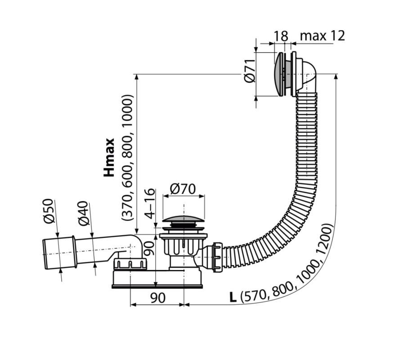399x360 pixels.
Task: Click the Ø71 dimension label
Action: point(249,71)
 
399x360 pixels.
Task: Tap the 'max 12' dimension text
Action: point(323,36)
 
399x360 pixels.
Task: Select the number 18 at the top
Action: point(281,36)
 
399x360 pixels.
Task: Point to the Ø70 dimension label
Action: point(183,189)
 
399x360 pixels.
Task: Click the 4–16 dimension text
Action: point(150,204)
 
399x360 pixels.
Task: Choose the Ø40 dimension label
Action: point(84,213)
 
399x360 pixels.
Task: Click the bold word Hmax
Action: point(109,157)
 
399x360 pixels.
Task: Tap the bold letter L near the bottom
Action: point(233,297)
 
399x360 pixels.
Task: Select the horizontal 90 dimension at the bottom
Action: point(158,297)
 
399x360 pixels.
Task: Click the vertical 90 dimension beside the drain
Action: point(150,248)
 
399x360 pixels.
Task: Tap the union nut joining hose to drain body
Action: point(217,258)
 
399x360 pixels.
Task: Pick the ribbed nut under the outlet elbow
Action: point(130,264)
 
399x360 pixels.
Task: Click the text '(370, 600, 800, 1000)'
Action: point(127,158)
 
